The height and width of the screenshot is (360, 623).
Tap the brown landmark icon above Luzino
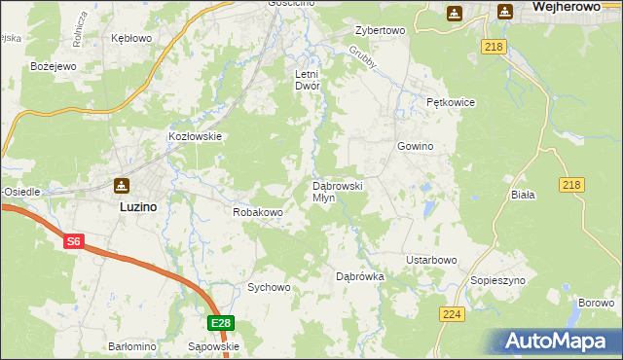click(121, 186)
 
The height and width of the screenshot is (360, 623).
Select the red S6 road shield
click(73, 241)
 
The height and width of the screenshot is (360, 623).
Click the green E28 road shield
click(220, 323)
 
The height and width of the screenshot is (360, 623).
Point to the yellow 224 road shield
click(451, 314)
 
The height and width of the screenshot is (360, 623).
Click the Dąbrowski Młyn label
click(337, 191)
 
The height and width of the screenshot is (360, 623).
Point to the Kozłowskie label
click(197, 137)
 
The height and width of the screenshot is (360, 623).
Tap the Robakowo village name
click(257, 211)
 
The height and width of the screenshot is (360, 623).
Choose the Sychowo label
click(269, 287)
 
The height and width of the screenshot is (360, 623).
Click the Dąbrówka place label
click(360, 276)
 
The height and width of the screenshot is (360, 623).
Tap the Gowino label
click(415, 146)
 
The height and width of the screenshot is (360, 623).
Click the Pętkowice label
click(449, 102)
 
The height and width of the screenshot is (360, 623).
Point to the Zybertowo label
click(380, 30)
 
